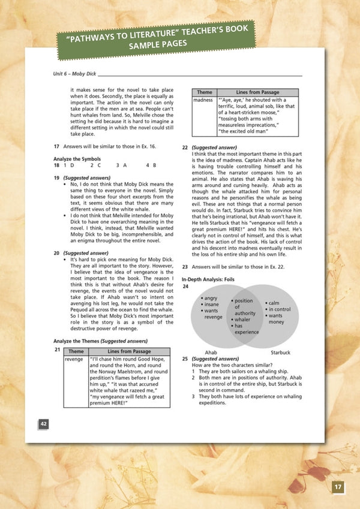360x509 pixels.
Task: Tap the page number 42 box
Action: pos(44,424)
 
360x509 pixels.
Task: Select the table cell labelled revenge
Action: pos(76,360)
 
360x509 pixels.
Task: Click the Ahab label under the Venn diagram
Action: pos(211,353)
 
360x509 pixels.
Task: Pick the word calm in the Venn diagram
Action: pos(274,303)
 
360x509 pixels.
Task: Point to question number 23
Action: pos(185,266)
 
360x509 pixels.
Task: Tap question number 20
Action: pos(56,254)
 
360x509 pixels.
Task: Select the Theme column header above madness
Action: pos(203,92)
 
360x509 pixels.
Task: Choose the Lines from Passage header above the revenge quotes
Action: pos(130,351)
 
